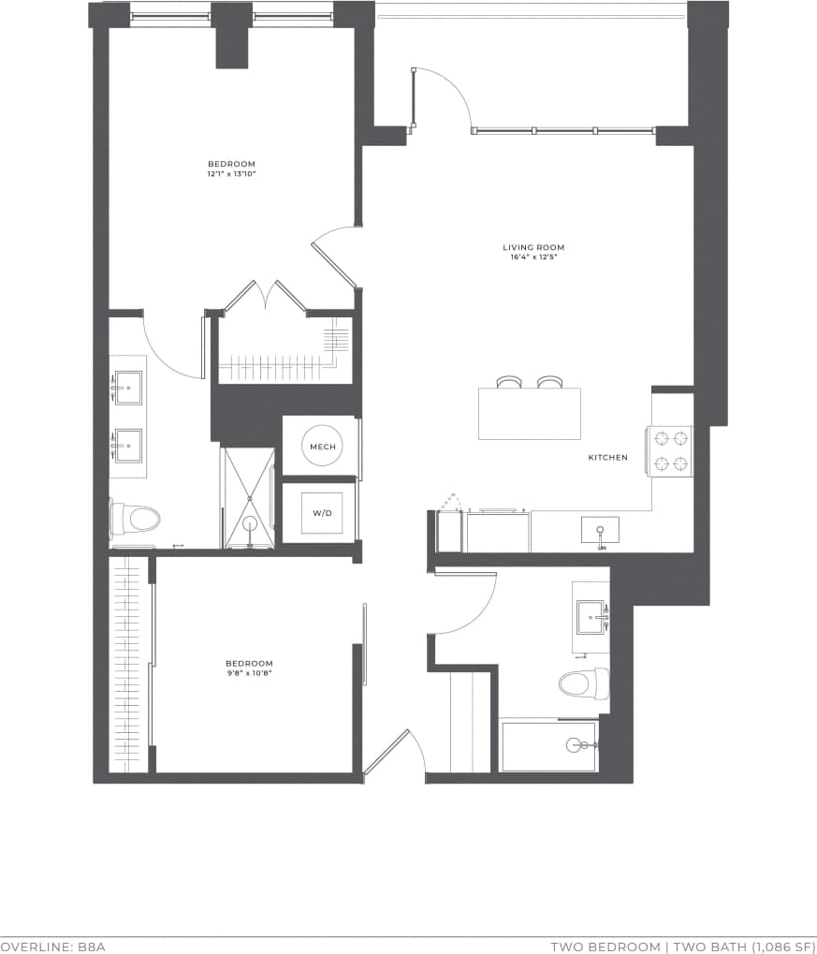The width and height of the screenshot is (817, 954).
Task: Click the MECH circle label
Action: tap(321, 447)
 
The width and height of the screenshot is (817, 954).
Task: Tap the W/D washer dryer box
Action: tap(321, 512)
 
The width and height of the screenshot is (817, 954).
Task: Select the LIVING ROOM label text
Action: tap(533, 247)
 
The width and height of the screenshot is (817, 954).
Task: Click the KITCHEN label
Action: tap(607, 457)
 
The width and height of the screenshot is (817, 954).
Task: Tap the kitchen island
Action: tap(529, 413)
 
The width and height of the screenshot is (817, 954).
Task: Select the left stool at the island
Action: tap(509, 382)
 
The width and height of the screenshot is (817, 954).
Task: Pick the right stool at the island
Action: tap(550, 382)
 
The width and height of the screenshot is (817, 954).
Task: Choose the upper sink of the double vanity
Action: tap(127, 387)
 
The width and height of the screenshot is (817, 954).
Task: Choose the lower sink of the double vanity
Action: tap(127, 446)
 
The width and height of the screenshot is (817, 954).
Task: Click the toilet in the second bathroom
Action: tap(583, 682)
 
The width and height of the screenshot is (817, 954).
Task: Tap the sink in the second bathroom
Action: tap(592, 617)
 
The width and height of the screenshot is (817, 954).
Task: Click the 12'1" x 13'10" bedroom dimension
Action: tap(231, 173)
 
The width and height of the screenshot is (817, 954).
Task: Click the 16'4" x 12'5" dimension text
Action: tap(533, 257)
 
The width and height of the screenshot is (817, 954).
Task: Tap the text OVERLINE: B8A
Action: tap(53, 947)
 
